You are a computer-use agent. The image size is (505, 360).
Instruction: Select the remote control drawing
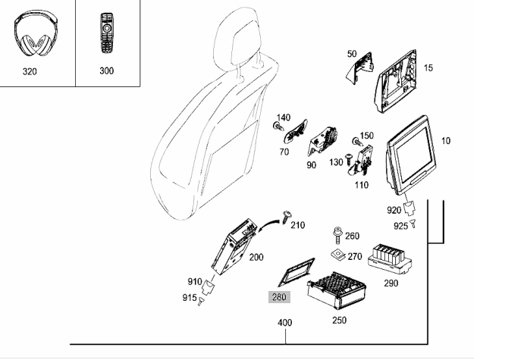(x=107, y=33)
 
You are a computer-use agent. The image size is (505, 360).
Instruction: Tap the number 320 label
(x=30, y=71)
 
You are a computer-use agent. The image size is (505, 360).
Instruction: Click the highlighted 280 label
(x=279, y=297)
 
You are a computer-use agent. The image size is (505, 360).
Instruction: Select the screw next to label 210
(x=287, y=217)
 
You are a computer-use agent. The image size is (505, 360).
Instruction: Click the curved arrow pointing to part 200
(x=267, y=224)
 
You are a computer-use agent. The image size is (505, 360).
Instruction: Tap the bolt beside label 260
(x=337, y=236)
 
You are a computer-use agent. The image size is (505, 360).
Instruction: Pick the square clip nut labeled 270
(x=338, y=255)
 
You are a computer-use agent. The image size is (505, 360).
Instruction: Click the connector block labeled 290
(x=390, y=259)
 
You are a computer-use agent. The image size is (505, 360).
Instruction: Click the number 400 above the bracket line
(x=284, y=322)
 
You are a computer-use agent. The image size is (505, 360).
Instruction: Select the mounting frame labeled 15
(x=396, y=81)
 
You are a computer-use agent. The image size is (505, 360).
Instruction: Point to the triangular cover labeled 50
(x=359, y=67)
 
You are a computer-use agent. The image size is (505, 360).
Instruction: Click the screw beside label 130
(x=349, y=158)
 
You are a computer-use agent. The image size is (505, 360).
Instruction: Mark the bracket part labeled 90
(x=322, y=141)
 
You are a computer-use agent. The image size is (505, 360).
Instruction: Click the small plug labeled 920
(x=409, y=208)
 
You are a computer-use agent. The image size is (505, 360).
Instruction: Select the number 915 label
(x=190, y=298)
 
